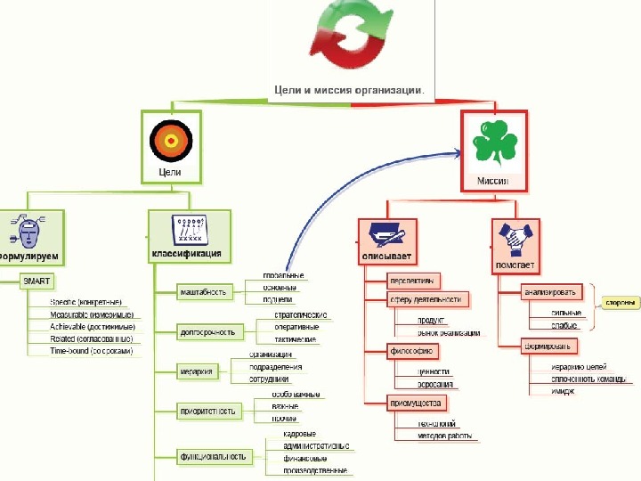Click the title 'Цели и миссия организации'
347,89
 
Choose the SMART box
38,281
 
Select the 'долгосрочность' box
207,332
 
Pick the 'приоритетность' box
208,411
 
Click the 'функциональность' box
212,456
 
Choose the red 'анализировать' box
549,291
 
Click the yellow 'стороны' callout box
621,302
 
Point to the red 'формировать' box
549,345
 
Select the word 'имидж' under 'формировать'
562,391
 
